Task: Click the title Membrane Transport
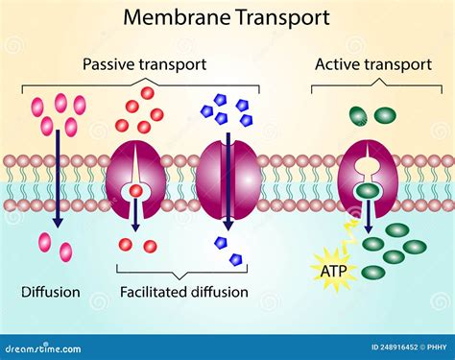pyautogui.click(x=227, y=16)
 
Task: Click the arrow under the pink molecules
pyautogui.click(x=58, y=182)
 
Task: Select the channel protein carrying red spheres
pyautogui.click(x=137, y=179)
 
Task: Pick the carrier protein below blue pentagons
pyautogui.click(x=227, y=179)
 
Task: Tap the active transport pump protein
pyautogui.click(x=367, y=179)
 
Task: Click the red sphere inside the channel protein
pyautogui.click(x=137, y=191)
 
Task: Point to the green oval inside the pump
pyautogui.click(x=367, y=191)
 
